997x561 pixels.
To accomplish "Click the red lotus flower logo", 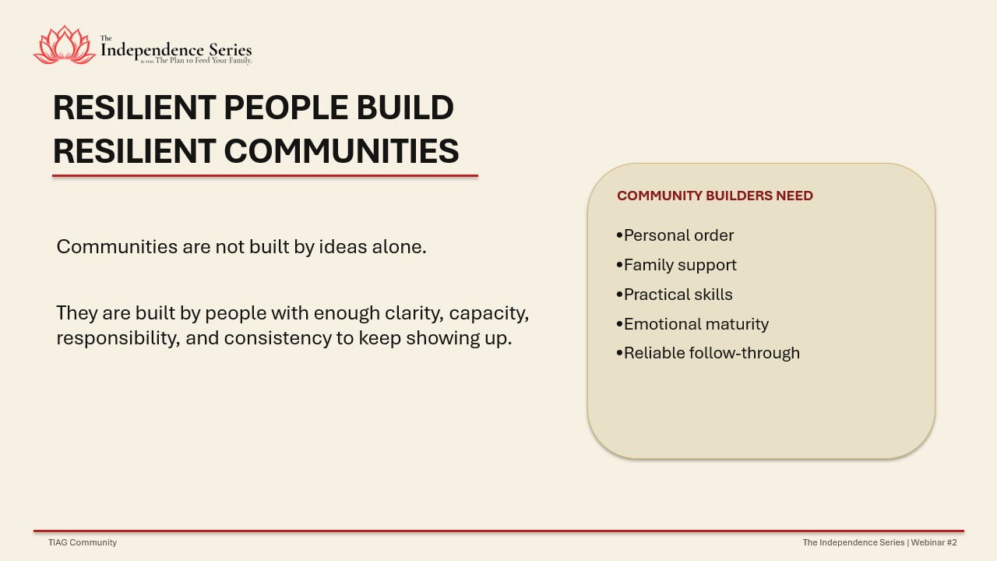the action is coord(65,45).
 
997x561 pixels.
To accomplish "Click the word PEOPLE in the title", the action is coord(286,108).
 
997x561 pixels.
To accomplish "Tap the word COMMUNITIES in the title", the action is coord(341,151).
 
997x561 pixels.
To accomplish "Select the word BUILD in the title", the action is coord(405,108).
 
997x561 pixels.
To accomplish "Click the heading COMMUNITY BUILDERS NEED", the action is coord(715,196).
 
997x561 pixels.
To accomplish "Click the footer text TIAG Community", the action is coord(83,542).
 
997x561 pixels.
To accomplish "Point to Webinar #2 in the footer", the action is coord(934,542).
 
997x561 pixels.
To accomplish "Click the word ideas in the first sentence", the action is coord(343,247).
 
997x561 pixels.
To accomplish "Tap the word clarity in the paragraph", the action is coord(414,313).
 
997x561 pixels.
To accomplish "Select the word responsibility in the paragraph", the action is coord(118,338).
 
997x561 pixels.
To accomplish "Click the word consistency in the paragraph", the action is coord(278,338).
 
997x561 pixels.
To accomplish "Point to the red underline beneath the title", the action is coord(266,176).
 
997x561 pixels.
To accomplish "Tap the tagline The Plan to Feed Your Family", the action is coord(203,61).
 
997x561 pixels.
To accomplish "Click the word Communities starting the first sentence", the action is coord(117,247).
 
